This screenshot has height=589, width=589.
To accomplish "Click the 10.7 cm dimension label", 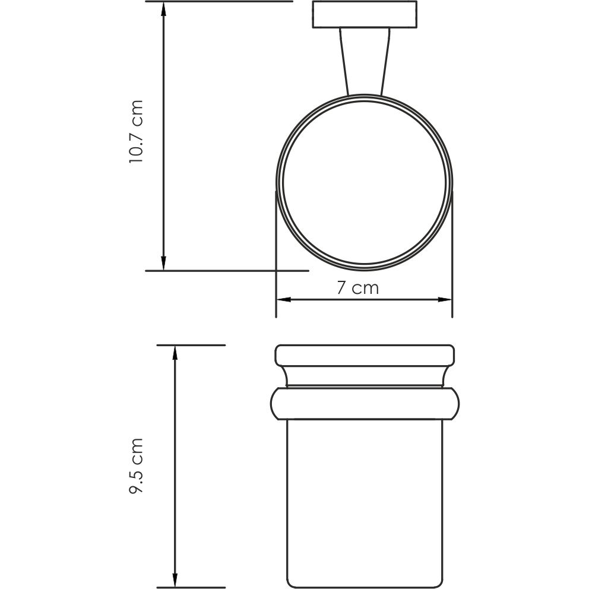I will pos(137,132).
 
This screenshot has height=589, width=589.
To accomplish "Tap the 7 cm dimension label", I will pos(357,289).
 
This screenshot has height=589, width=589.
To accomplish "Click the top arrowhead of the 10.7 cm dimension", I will pos(163,7).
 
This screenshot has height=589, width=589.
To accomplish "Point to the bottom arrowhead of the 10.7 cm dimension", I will pos(163,264).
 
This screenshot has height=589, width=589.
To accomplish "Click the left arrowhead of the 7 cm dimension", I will pos(281,299).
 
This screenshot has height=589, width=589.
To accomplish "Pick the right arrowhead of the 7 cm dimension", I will pos(446,299).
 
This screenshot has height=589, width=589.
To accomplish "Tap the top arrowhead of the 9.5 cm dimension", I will pos(175,351).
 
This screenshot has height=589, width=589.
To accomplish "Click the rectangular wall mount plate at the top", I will pos(363,15).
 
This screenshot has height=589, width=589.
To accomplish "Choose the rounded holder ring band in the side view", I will pos(365,404).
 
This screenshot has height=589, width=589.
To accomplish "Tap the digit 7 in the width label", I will pos(341,289).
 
